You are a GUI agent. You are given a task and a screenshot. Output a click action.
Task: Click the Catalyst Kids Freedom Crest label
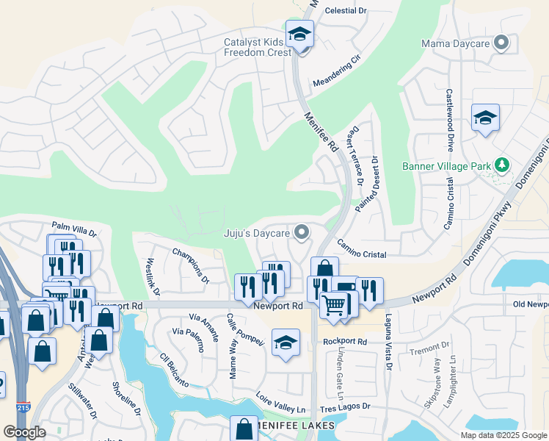[x=258, y=47]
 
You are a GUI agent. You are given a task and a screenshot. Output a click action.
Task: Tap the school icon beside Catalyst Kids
[x=299, y=35]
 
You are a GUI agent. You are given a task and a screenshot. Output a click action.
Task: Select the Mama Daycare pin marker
[x=501, y=43]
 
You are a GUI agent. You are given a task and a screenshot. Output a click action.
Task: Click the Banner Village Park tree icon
[x=502, y=165]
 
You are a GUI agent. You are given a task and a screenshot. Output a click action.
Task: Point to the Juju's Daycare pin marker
[x=301, y=233]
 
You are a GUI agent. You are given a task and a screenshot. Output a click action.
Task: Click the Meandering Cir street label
[x=337, y=71]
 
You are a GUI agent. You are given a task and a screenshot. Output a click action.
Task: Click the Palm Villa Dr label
[x=73, y=229]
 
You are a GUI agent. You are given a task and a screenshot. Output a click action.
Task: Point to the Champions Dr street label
[x=191, y=265]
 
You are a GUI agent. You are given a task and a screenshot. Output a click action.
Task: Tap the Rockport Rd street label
[x=344, y=341]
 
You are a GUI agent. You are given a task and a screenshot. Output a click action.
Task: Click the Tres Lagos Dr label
[x=345, y=406]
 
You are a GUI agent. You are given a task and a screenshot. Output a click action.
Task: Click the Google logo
[x=24, y=432]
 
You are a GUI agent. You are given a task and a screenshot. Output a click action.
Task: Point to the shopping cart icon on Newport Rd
[x=333, y=304]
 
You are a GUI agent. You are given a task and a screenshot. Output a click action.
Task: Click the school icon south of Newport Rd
[x=286, y=343]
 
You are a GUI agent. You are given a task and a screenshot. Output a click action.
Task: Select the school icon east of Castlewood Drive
[x=485, y=118]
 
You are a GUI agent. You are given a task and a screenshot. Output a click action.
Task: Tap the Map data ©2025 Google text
[x=503, y=435]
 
